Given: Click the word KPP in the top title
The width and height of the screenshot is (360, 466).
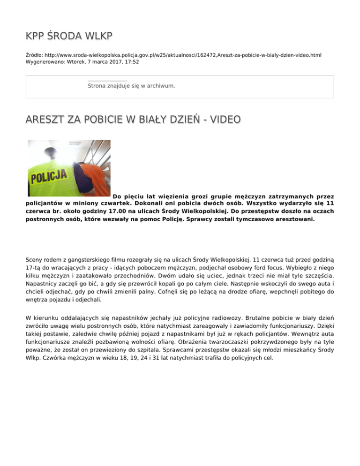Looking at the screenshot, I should pos(36,36).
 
